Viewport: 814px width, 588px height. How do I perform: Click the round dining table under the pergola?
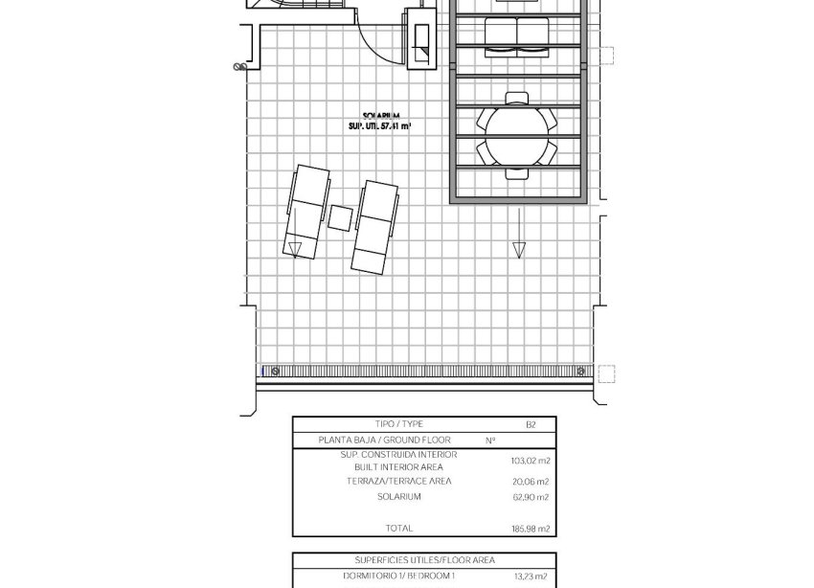[518, 135]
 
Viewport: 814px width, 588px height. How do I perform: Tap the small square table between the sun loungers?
[340, 217]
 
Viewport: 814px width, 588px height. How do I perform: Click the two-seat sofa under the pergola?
[517, 34]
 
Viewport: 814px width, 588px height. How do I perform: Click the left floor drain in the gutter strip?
[276, 372]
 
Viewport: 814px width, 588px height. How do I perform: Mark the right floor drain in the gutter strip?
[579, 372]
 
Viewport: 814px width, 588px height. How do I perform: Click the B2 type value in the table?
[531, 424]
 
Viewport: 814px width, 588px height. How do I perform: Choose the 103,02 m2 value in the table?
[530, 460]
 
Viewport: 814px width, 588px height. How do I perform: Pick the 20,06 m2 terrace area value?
[530, 482]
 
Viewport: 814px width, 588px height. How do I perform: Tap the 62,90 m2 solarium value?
[530, 497]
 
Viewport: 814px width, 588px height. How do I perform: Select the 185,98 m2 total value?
[530, 528]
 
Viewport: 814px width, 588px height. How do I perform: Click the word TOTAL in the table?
[399, 528]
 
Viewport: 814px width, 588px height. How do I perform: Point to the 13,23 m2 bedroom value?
[530, 577]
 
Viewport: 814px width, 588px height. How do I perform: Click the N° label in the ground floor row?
[490, 441]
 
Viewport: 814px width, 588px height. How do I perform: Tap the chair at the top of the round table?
[517, 98]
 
